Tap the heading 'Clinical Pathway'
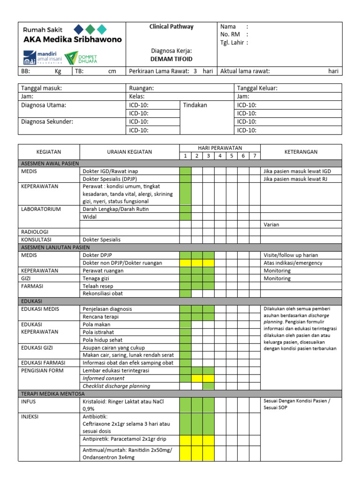tap(171, 27)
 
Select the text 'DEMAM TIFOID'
tap(171, 59)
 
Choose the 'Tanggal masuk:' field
tap(42, 88)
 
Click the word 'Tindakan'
tap(195, 105)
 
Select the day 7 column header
tap(255, 156)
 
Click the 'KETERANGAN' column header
tap(301, 152)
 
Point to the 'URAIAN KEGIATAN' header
tap(129, 152)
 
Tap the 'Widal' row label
tap(90, 217)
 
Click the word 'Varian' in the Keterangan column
tap(271, 225)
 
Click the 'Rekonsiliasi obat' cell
tap(103, 293)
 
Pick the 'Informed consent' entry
tap(104, 378)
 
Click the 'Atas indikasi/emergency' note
tap(293, 263)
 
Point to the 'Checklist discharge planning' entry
tap(116, 386)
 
